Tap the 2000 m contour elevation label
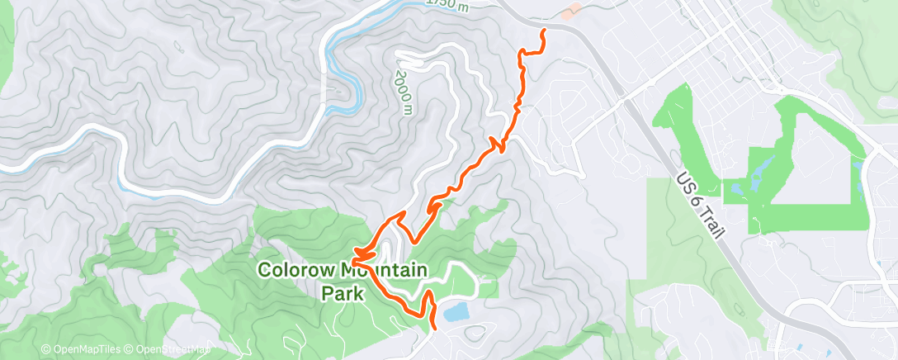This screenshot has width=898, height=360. (403, 92)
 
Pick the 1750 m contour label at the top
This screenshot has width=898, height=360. (449, 6)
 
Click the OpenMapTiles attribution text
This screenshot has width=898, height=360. (86, 349)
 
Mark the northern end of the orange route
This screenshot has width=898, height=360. (543, 31)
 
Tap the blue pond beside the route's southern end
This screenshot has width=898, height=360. (456, 312)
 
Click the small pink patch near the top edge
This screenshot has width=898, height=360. (570, 11)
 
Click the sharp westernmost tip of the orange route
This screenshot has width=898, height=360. (355, 251)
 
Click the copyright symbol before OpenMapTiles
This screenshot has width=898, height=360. (45, 349)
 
